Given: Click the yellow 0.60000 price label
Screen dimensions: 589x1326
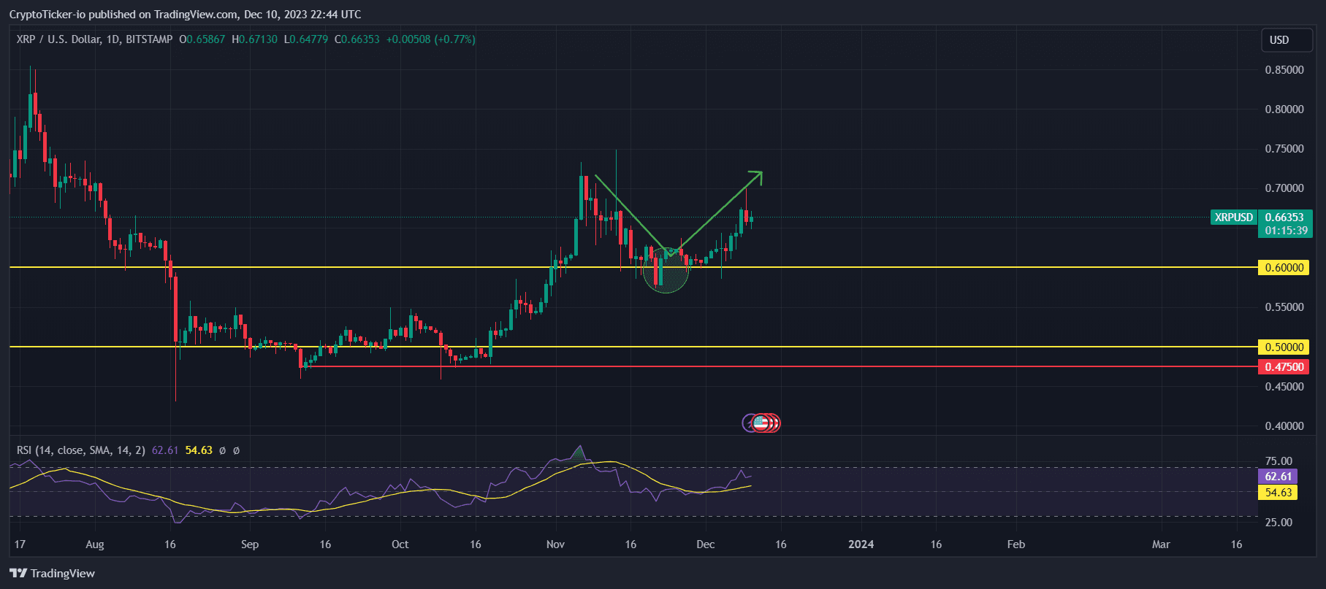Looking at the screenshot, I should tap(1284, 268).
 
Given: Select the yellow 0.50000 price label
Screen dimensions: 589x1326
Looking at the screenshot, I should tap(1284, 347).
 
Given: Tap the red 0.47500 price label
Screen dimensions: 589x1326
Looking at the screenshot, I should tap(1284, 367).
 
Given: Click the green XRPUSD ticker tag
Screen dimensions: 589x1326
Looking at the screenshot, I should tap(1233, 217).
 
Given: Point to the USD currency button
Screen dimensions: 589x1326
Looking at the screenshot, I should tap(1279, 40).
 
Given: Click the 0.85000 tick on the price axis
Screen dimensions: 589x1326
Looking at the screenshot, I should tap(1284, 70).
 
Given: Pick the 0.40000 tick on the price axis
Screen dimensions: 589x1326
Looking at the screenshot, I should tap(1284, 426).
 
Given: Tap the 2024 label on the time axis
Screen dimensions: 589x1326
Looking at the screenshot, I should tap(861, 544).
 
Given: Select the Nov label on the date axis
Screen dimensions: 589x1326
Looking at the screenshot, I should tap(555, 544).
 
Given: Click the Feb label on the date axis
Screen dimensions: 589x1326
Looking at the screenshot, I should tap(1016, 544).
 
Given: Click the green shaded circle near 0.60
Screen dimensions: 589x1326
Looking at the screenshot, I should tap(666, 270).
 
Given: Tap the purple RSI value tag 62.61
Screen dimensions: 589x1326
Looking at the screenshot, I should tap(1278, 477).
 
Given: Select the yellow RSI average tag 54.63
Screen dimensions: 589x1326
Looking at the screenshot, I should tap(1278, 493).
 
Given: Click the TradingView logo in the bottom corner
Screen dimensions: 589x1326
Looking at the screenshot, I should tap(52, 574).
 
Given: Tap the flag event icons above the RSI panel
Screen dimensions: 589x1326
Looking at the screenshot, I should tap(762, 423).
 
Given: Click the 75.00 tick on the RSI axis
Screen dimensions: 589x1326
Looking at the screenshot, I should tap(1279, 461).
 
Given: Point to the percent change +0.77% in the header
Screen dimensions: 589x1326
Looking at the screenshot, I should tap(454, 39).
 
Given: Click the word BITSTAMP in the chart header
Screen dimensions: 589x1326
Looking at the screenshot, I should tap(149, 39).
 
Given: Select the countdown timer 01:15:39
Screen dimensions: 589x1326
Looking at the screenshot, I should tap(1286, 231).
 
